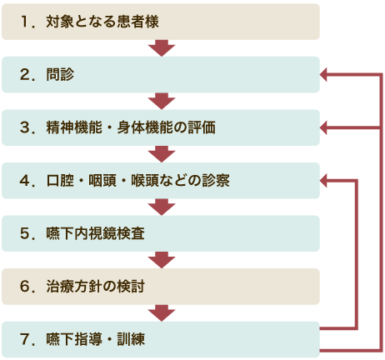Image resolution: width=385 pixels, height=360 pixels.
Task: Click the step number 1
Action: (25, 22)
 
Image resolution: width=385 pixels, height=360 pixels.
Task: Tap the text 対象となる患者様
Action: (102, 22)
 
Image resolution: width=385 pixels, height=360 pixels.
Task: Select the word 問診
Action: (60, 74)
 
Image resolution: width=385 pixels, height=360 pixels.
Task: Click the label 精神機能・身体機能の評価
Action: (131, 127)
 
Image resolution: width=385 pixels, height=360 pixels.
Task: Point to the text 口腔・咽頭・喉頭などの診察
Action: (138, 181)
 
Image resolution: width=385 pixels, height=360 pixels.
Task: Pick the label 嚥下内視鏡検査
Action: (96, 233)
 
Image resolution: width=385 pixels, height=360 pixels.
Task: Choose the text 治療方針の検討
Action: (96, 287)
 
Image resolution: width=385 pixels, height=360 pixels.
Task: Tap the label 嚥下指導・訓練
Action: (96, 339)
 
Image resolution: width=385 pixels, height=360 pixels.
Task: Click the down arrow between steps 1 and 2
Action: (162, 48)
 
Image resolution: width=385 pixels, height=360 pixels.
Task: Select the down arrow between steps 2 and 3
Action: (162, 101)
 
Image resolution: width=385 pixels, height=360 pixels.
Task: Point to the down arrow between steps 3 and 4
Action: (162, 154)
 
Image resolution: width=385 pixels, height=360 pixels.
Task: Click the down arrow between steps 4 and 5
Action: (162, 207)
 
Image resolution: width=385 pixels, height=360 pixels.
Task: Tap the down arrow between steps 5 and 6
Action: (162, 260)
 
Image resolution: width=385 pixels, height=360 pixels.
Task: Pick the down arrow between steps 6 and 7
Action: (162, 313)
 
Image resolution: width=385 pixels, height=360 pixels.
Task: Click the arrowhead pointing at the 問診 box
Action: (323, 74)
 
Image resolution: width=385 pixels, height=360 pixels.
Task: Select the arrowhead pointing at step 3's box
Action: (323, 127)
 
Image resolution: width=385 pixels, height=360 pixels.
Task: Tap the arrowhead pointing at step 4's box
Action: (323, 181)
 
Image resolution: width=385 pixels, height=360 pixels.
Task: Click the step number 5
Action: (25, 233)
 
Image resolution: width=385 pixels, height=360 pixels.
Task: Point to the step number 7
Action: (25, 339)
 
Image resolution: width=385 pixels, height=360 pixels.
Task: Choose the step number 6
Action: (25, 287)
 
